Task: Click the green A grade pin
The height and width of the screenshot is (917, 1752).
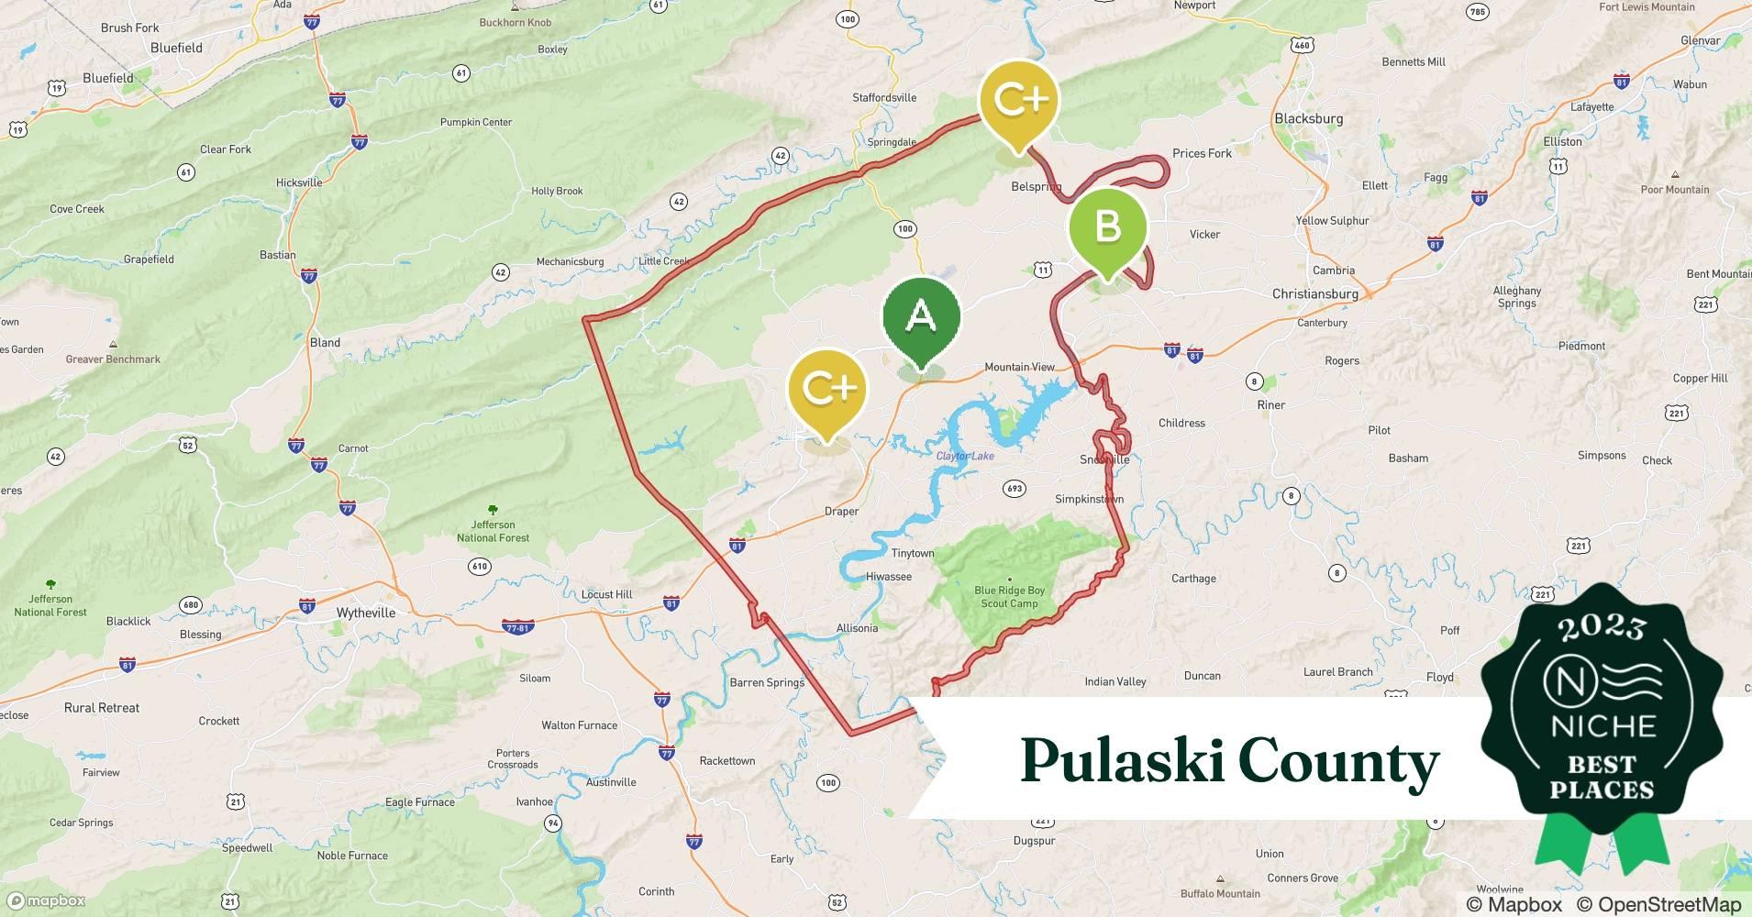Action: (x=921, y=317)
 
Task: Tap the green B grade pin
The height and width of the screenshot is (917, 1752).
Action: (x=1107, y=226)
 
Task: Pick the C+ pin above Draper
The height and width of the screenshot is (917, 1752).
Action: (x=827, y=389)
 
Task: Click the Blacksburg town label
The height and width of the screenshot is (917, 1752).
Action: (x=1308, y=118)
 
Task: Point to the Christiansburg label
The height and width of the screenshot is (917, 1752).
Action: (x=1314, y=293)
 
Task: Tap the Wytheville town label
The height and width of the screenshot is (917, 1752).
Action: (x=366, y=613)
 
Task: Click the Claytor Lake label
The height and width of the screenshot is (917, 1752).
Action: (x=965, y=456)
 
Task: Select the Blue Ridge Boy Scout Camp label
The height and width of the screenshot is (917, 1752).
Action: (x=1009, y=597)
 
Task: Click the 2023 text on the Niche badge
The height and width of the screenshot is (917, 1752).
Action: (x=1602, y=626)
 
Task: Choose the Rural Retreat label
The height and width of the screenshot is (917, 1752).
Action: (x=102, y=708)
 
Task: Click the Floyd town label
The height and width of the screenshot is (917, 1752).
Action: (x=1439, y=677)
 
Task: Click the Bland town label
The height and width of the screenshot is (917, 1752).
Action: (x=325, y=342)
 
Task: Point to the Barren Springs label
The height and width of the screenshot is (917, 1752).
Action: (x=767, y=682)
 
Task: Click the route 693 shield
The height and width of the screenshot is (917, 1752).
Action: (x=1014, y=488)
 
